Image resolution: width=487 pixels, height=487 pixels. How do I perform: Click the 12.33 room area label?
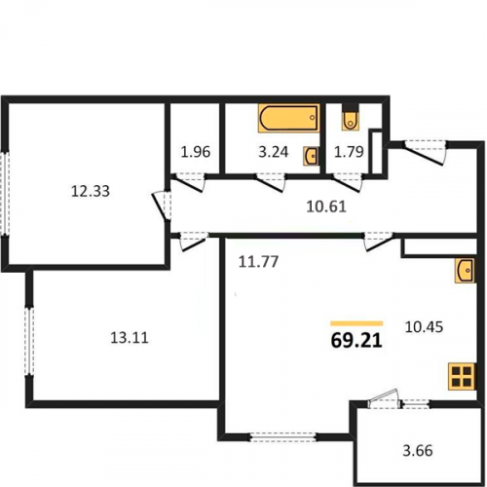click(x=91, y=191)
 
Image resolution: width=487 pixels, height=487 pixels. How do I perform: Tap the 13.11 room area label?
click(x=130, y=338)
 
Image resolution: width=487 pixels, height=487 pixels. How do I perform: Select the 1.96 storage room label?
click(x=196, y=152)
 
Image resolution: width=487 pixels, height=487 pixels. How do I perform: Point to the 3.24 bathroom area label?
click(x=274, y=152)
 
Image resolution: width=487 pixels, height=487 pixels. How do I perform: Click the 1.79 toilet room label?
click(x=349, y=152)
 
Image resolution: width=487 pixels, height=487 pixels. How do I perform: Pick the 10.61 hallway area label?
click(x=326, y=206)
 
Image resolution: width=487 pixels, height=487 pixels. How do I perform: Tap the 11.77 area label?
click(x=258, y=262)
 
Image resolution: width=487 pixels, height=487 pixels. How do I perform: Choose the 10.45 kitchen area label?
click(x=425, y=327)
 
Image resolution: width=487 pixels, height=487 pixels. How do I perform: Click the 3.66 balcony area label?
click(x=418, y=451)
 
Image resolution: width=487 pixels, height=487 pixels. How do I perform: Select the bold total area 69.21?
click(x=356, y=341)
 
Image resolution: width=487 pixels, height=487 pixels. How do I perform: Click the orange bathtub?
click(x=289, y=118)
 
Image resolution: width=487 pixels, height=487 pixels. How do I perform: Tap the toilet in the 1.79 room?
click(x=350, y=120)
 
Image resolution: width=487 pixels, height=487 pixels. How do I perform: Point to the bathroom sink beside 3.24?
click(x=312, y=156)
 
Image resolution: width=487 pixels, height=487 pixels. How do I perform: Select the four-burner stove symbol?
click(x=462, y=377)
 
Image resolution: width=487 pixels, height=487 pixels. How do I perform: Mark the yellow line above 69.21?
click(x=356, y=323)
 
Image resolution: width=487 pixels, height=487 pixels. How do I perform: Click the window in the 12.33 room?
click(x=5, y=193)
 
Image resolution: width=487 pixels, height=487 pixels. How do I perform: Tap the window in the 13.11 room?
click(x=30, y=341)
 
